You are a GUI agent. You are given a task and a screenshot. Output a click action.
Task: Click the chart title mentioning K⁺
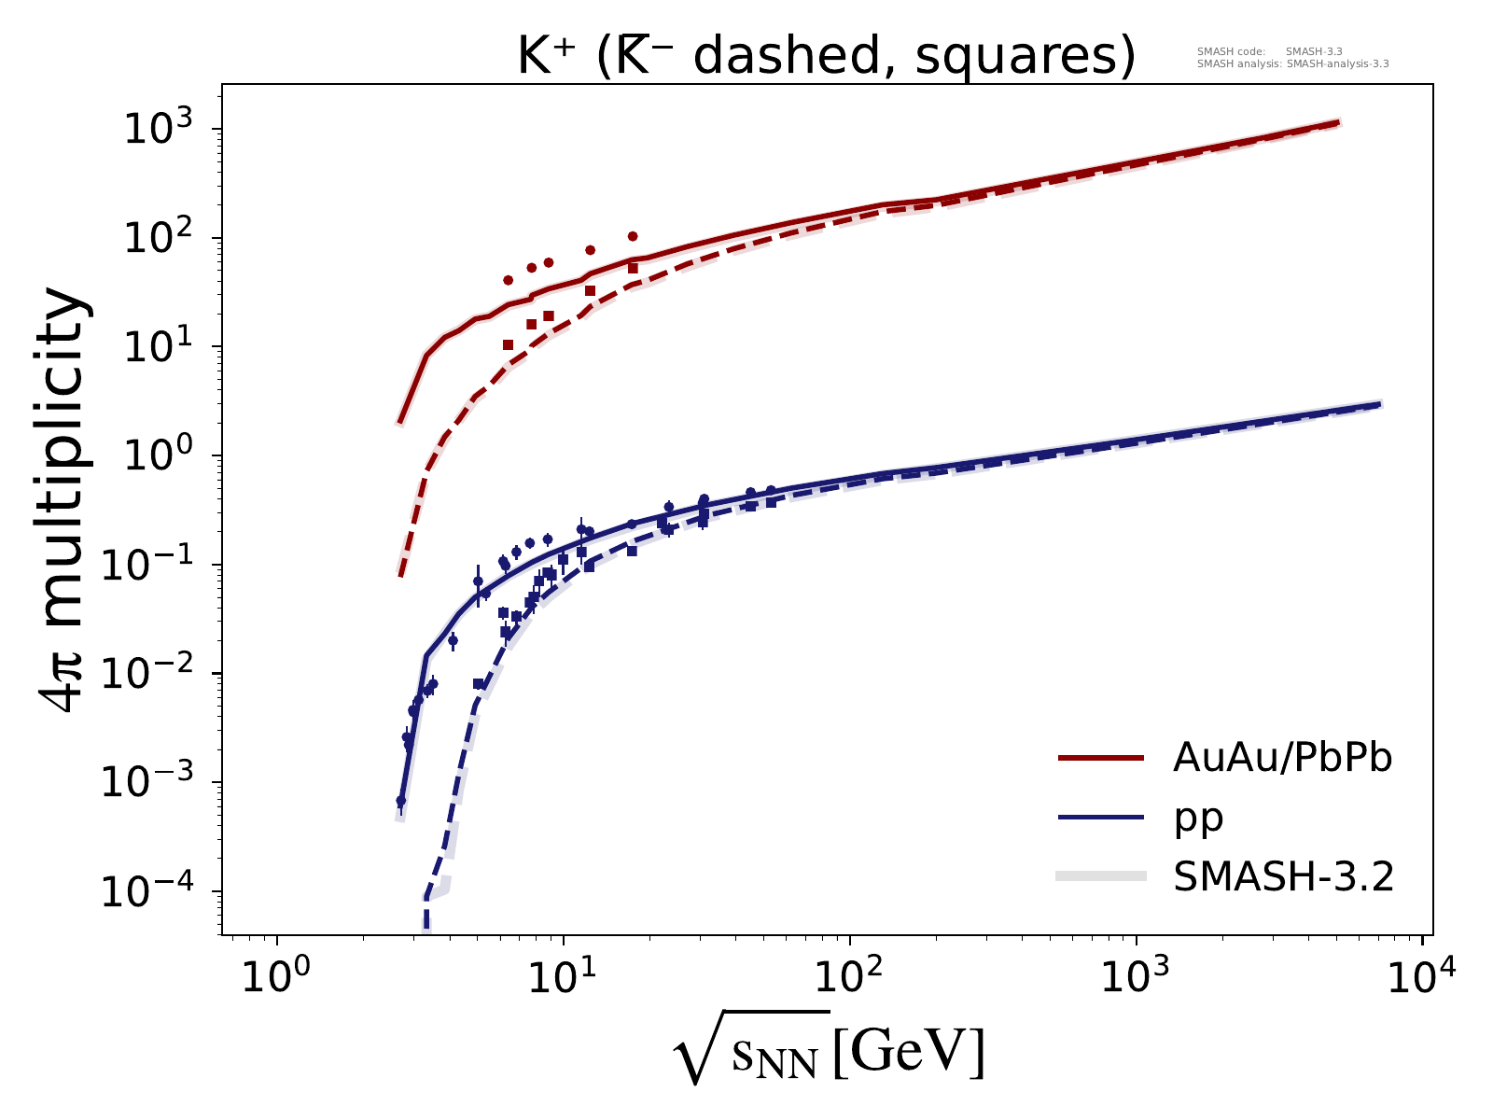826,58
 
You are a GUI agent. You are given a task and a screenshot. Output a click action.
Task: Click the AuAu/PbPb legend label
1282,760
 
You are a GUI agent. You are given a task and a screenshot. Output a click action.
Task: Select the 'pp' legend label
1198,819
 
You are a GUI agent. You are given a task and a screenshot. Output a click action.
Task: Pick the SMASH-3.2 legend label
1283,877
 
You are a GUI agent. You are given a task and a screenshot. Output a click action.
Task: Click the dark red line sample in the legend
1101,760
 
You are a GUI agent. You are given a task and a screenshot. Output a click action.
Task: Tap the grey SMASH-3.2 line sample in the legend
1101,876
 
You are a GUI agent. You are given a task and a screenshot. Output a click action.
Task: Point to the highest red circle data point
633,236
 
